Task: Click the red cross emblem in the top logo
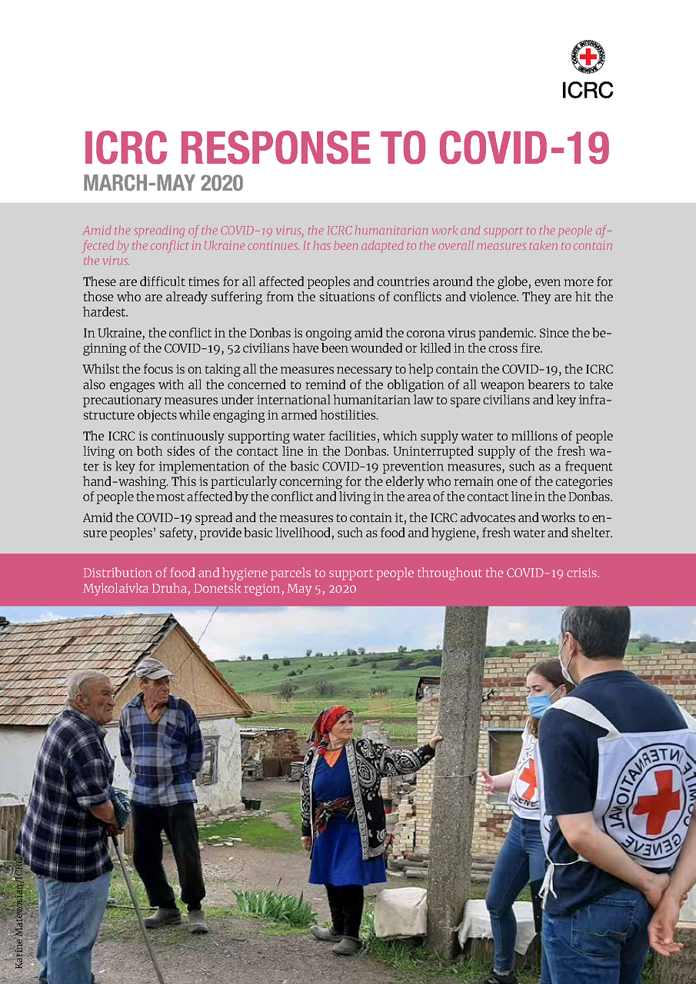pyautogui.click(x=588, y=57)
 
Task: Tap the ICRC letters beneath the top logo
pyautogui.click(x=588, y=89)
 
